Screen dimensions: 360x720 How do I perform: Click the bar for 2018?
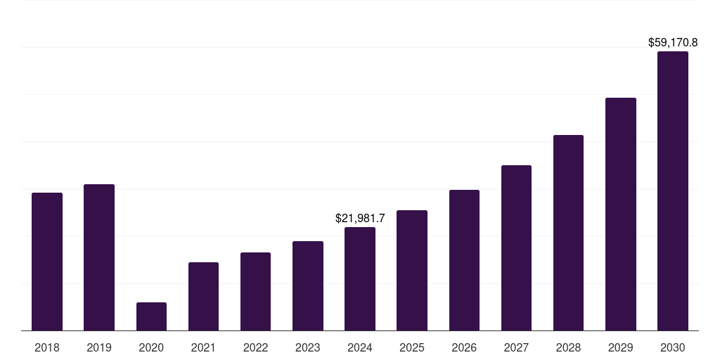[47, 262]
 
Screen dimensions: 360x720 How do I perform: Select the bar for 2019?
[99, 257]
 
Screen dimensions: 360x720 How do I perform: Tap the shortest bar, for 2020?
[151, 316]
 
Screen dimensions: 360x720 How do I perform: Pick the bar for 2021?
[203, 296]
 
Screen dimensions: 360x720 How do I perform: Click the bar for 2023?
[308, 285]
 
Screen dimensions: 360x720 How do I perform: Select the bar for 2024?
[360, 278]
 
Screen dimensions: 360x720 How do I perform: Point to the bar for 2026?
[464, 260]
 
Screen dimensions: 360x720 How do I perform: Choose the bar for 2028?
[568, 233]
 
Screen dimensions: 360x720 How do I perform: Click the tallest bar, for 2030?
[673, 191]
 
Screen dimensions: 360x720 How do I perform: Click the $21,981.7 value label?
[360, 219]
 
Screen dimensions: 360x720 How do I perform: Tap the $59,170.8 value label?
[673, 43]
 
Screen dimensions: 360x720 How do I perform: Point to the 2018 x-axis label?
[47, 347]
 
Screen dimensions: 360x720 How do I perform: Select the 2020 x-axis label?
[151, 347]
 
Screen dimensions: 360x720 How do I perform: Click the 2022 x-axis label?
[255, 347]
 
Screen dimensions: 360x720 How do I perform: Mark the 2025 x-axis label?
[412, 347]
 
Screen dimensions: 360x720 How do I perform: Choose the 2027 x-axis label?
[516, 347]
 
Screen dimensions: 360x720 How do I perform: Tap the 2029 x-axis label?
[620, 347]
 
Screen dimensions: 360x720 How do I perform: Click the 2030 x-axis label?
[673, 347]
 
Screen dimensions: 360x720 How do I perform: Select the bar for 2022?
[255, 291]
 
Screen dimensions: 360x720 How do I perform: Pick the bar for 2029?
[620, 214]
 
